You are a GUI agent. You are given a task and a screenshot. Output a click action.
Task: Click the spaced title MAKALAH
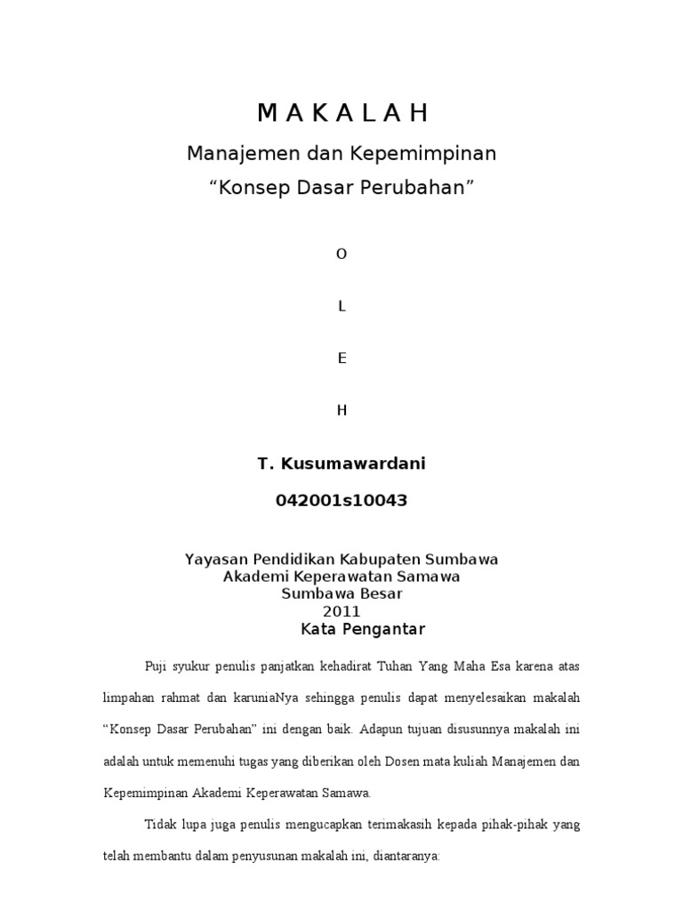point(341,113)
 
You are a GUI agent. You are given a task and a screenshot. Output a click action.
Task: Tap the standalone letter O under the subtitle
point(341,254)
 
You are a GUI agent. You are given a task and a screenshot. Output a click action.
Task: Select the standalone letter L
point(341,306)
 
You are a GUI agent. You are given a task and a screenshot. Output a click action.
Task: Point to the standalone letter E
point(341,359)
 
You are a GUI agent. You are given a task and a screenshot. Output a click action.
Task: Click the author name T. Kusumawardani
point(341,464)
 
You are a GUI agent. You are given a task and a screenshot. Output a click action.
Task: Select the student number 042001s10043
point(341,501)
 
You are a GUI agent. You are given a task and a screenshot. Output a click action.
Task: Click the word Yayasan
point(215,560)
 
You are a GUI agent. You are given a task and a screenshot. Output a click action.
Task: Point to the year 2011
point(341,611)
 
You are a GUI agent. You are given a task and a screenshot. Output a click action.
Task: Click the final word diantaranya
point(403,856)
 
